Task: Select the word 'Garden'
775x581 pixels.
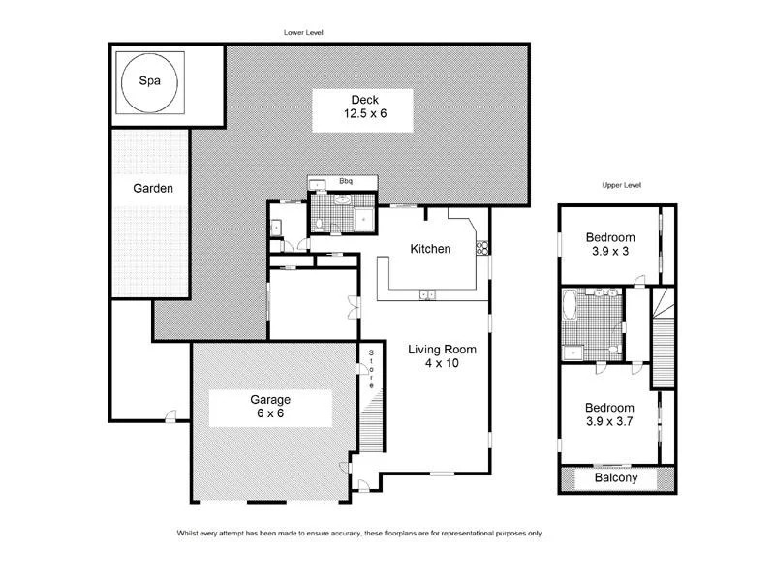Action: (x=153, y=189)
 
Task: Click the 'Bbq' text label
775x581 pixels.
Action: (x=345, y=181)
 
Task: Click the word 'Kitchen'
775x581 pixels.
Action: (x=430, y=249)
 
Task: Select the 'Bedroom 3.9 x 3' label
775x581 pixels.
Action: (x=610, y=245)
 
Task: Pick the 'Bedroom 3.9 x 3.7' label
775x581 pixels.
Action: (x=610, y=414)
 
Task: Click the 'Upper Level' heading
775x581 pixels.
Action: (x=622, y=185)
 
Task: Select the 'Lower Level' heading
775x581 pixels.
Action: (x=303, y=32)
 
